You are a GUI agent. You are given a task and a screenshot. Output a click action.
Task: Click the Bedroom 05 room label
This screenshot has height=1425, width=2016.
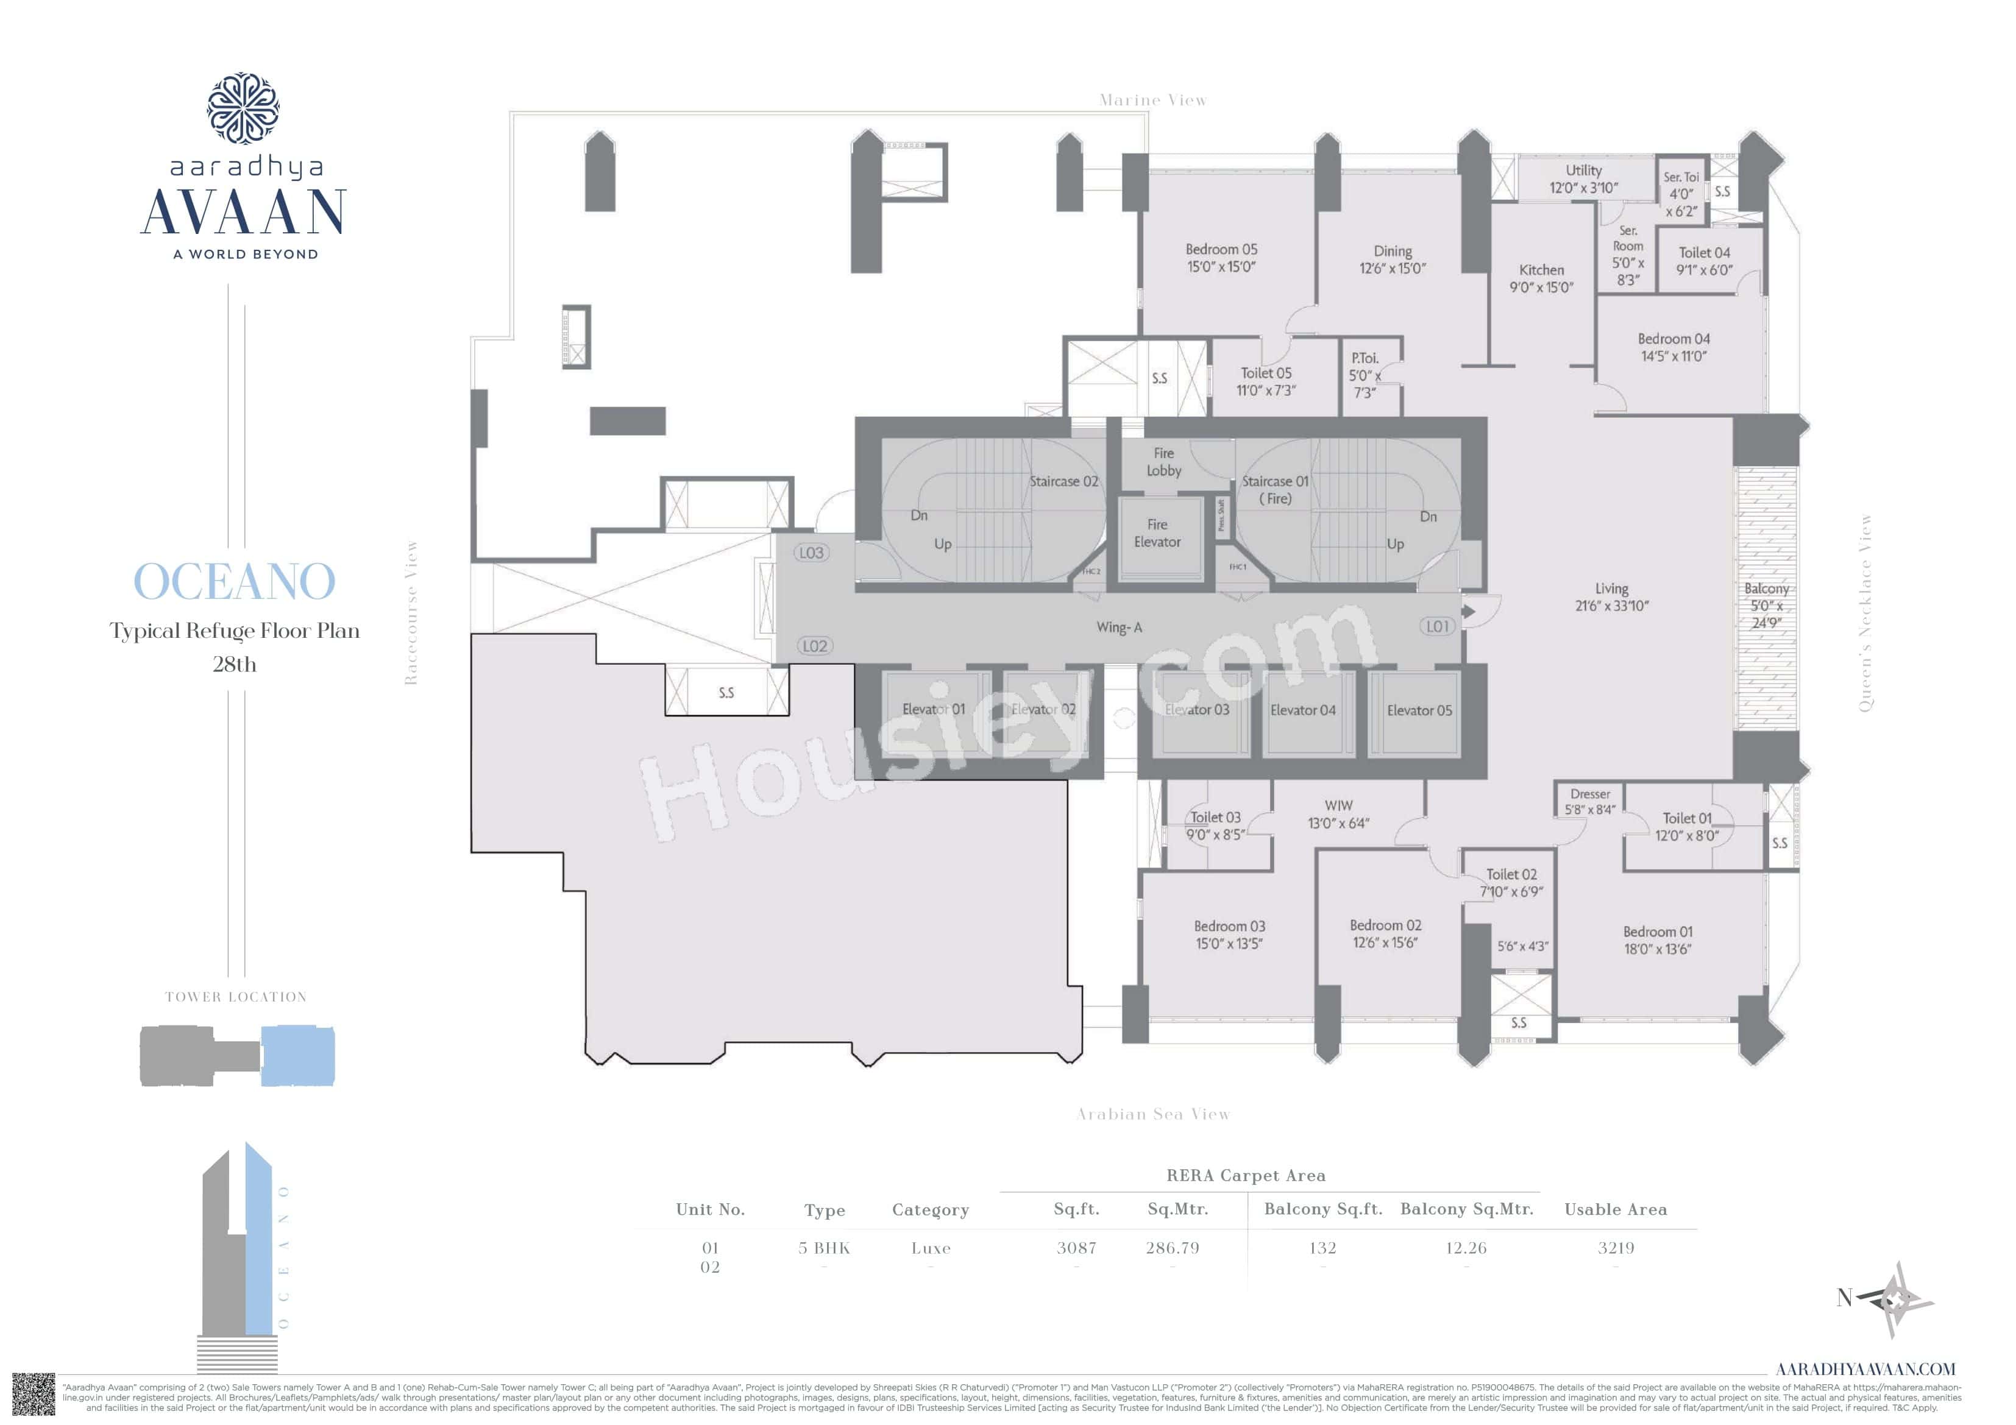point(1221,249)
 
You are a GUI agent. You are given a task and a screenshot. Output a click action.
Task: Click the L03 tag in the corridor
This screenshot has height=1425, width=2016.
point(811,553)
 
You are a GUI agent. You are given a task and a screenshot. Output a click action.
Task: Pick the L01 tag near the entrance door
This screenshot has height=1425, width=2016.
point(1436,626)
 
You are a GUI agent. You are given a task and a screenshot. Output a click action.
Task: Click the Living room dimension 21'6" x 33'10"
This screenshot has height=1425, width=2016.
point(1611,606)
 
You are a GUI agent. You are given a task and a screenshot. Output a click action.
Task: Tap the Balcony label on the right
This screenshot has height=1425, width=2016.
point(1766,589)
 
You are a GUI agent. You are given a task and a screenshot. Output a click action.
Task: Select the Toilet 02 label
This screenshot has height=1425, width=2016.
point(1511,874)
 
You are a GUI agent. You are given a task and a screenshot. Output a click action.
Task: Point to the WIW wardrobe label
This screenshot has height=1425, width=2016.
point(1338,805)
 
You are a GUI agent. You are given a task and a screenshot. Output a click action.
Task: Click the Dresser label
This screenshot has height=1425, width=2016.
point(1590,794)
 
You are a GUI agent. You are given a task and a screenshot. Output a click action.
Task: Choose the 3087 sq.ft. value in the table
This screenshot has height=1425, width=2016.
point(1076,1248)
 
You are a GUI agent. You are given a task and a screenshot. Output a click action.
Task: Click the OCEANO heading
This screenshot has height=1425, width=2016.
point(235,581)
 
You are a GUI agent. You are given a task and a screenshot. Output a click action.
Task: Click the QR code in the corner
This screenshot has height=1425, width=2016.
point(34,1395)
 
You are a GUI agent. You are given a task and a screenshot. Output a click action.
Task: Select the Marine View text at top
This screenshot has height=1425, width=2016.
point(1153,100)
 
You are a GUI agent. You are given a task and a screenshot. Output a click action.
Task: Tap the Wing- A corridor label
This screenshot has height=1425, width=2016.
point(1119,627)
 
